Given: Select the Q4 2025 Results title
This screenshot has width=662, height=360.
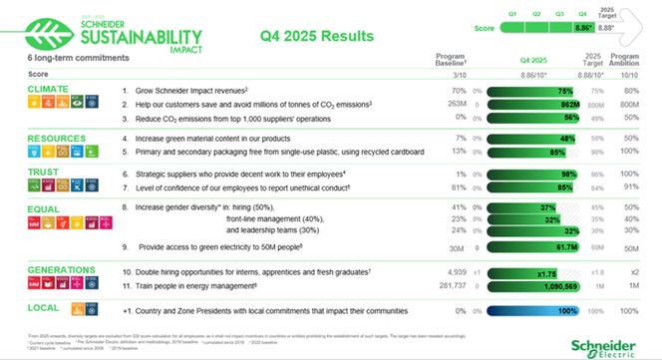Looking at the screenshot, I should (316, 36).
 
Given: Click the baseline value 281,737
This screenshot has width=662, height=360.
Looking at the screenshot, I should (451, 285).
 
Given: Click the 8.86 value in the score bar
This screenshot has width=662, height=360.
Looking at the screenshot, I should (584, 29).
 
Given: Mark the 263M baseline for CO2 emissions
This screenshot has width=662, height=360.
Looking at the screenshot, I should (458, 103).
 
